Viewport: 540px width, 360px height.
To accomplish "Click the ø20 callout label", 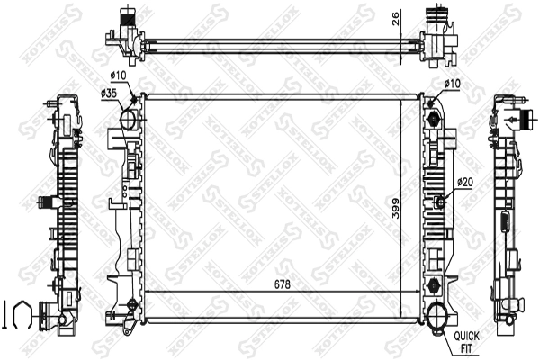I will [463, 182].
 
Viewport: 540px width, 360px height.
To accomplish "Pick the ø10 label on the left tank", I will [118, 76].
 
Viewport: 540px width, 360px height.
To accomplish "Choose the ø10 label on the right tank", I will [452, 83].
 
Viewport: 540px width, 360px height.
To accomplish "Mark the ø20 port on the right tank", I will [441, 200].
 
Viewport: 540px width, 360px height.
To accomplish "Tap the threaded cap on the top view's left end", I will [123, 17].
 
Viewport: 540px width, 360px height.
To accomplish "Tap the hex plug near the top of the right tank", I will [436, 120].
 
